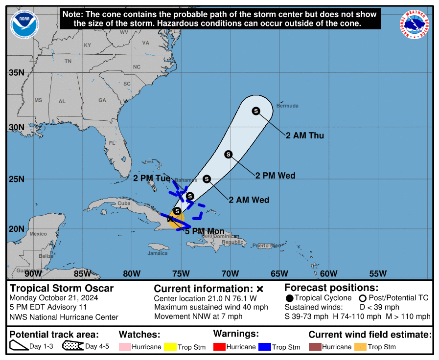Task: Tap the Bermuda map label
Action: [287, 106]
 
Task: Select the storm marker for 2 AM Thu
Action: [256, 111]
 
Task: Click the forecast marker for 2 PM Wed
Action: [228, 155]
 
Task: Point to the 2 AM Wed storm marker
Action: [207, 179]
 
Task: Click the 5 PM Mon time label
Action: [205, 231]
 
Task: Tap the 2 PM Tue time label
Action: [152, 178]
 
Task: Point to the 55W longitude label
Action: [378, 273]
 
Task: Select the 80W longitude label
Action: [132, 273]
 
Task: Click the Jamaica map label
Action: [158, 253]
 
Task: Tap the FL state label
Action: [112, 143]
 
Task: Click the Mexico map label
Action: [38, 234]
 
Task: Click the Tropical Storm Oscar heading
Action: [62, 288]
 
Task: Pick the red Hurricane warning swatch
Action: [221, 347]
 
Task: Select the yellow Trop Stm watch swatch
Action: [170, 347]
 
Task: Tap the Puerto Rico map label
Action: [267, 245]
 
